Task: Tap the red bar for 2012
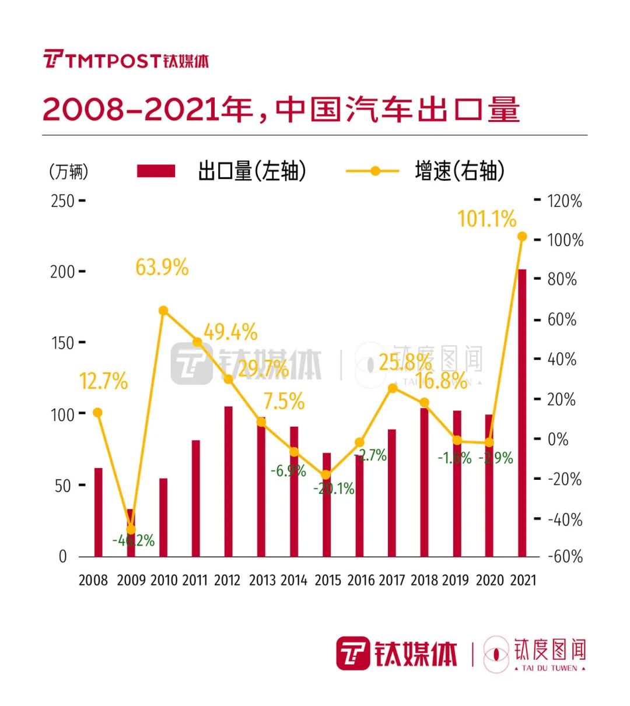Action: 229,481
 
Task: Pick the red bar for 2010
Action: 163,517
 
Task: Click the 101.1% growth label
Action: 487,219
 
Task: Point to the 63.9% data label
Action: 162,268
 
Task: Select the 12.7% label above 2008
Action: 103,381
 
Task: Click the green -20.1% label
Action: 334,489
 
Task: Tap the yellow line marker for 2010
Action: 163,311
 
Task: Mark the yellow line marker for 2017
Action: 392,388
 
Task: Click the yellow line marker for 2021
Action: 522,237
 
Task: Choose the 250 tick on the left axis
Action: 62,201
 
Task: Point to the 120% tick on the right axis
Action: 564,201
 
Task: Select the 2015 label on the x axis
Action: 327,580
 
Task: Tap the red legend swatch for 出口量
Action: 156,171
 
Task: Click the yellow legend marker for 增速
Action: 375,171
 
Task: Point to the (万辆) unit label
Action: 69,171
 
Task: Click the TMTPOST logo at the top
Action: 125,60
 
